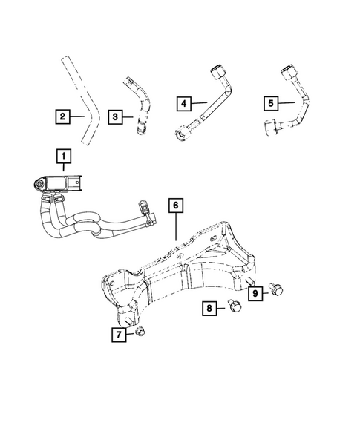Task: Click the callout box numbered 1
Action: (x=65, y=156)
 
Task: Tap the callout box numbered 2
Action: (x=63, y=116)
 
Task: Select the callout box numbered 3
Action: (x=115, y=116)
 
